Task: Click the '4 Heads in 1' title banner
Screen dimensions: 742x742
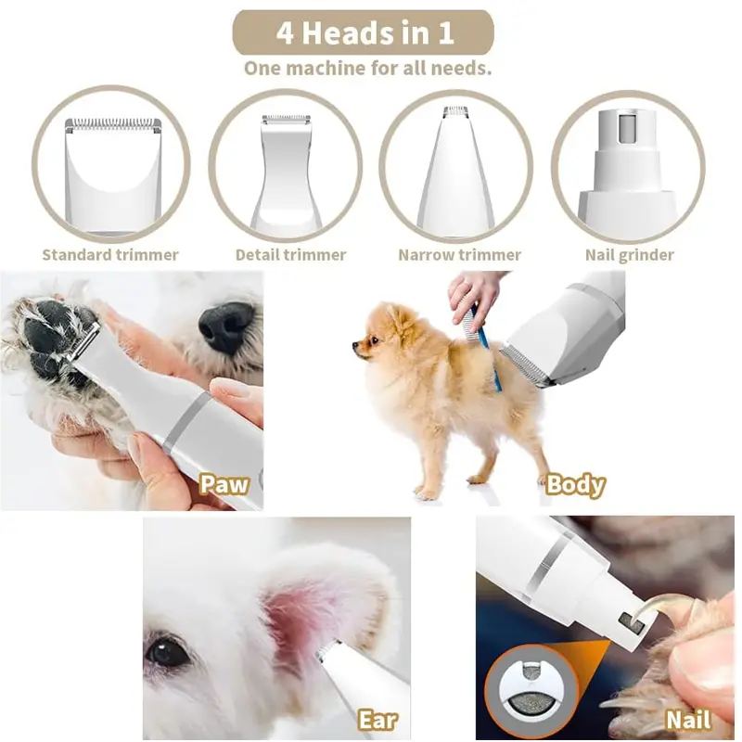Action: [363, 33]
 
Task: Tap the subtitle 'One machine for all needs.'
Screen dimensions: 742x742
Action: [367, 68]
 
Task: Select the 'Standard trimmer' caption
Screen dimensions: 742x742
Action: [110, 254]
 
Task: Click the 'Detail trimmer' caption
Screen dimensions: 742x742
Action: [290, 254]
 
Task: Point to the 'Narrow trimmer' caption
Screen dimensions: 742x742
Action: [459, 254]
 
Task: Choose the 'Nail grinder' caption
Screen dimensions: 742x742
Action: [630, 254]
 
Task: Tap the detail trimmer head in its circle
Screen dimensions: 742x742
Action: [286, 172]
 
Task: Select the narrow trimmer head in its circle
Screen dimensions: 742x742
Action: [455, 172]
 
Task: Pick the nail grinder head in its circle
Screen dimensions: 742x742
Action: [628, 167]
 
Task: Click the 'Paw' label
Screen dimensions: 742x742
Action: [224, 484]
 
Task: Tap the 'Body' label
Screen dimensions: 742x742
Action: [575, 484]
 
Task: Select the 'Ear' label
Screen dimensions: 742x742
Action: [377, 720]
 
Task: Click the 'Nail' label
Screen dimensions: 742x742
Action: [687, 720]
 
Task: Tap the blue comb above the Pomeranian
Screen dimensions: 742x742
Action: [482, 343]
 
